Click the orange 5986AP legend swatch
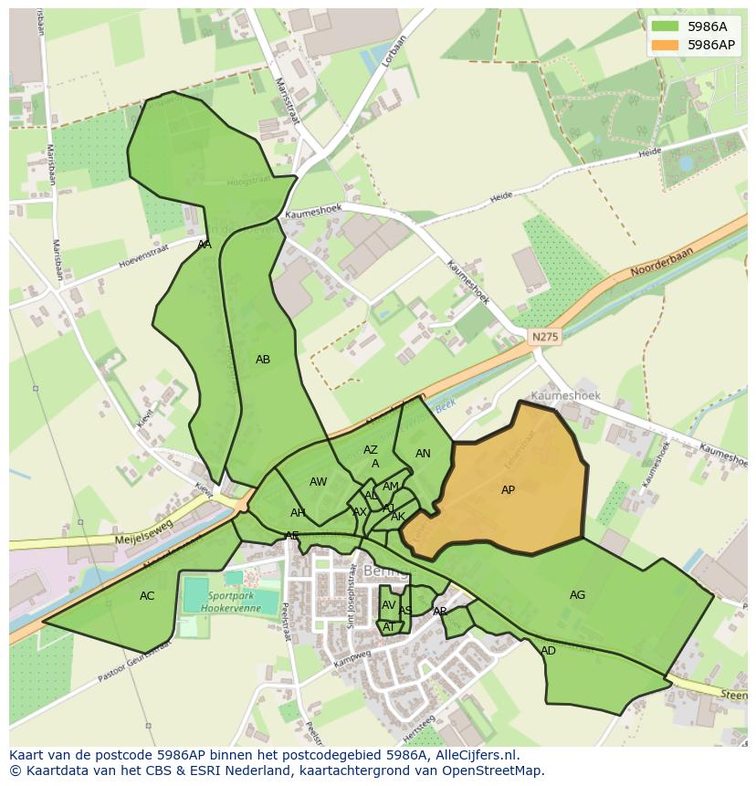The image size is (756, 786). (666, 45)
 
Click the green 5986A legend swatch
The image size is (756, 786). (666, 26)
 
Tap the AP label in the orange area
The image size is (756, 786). (508, 490)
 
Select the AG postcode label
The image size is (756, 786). (577, 595)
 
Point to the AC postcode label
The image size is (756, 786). (147, 596)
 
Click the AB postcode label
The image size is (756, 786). (263, 360)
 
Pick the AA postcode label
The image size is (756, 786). (205, 245)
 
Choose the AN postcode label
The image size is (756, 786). (423, 454)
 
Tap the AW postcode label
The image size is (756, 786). (318, 482)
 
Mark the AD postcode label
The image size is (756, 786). (548, 651)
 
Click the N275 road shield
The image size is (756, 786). (545, 337)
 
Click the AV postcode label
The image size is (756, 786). (389, 605)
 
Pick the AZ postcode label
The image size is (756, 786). (370, 450)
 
